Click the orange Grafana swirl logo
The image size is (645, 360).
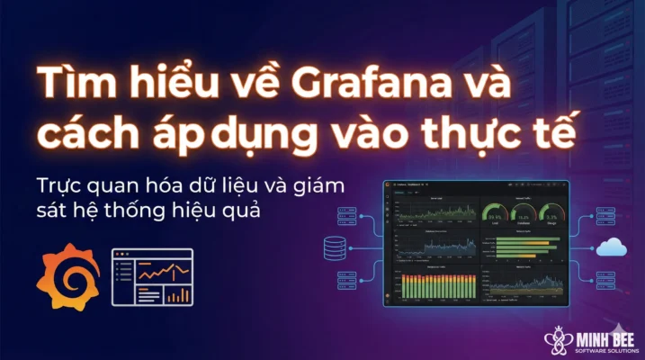[x=67, y=274]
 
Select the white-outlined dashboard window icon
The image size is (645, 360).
[x=152, y=275]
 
